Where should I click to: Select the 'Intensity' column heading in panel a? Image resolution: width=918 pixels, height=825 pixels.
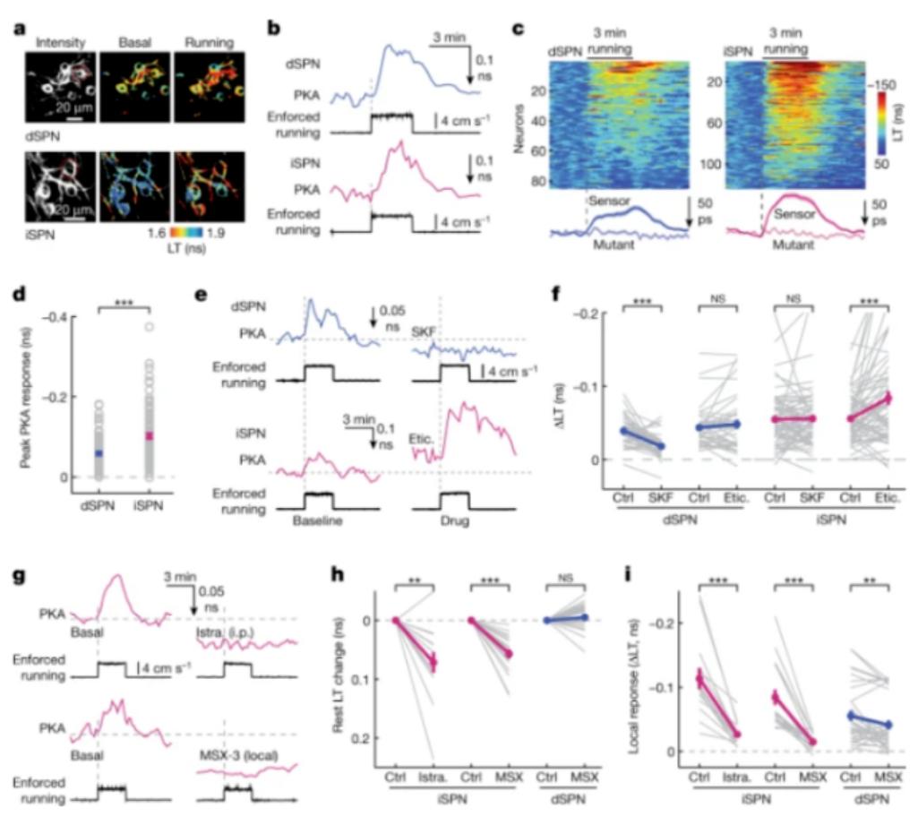click(x=58, y=42)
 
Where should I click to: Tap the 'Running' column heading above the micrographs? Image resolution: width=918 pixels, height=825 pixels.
click(x=207, y=42)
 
